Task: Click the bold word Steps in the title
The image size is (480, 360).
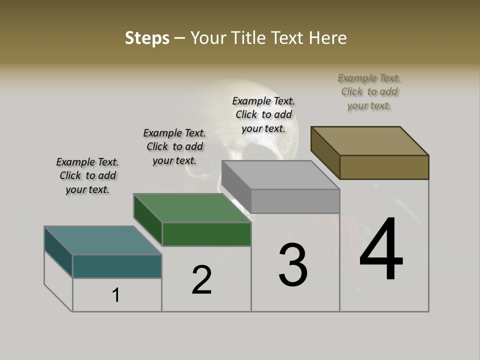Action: pos(147,38)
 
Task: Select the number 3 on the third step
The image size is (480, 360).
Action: pos(293,265)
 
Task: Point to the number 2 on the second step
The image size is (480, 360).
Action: pos(202,279)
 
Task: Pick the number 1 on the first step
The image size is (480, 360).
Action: pos(116,295)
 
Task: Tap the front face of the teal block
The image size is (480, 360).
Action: pos(117,266)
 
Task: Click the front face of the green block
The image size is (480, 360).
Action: pos(206,234)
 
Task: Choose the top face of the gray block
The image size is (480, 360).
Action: pos(280,175)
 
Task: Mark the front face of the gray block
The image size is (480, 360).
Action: pos(295,201)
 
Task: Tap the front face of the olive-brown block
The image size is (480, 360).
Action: pos(384,167)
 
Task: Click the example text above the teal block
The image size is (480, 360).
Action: pos(87,175)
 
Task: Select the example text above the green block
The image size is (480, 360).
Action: pos(174,146)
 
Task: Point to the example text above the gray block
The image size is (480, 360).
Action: pos(263,114)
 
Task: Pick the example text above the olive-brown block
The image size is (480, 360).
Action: pos(369,91)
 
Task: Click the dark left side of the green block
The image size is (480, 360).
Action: pos(148,219)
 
